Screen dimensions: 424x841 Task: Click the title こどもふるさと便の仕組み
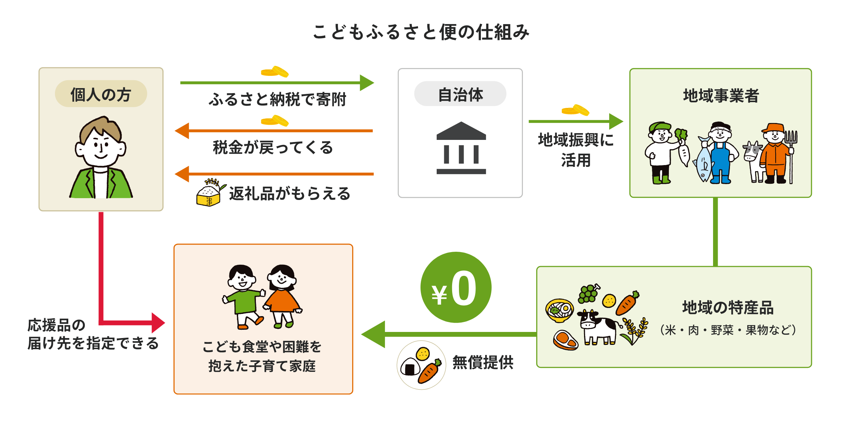pyautogui.click(x=421, y=32)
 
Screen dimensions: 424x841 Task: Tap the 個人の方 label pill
pyautogui.click(x=101, y=94)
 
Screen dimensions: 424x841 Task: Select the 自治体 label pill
pyautogui.click(x=460, y=94)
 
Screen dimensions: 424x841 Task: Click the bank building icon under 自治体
pyautogui.click(x=461, y=148)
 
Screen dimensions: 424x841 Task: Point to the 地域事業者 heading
pyautogui.click(x=721, y=96)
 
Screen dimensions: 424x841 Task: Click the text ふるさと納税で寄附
pyautogui.click(x=277, y=99)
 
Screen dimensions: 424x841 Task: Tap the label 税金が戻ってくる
pyautogui.click(x=273, y=147)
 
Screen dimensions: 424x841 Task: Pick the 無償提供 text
pyautogui.click(x=483, y=362)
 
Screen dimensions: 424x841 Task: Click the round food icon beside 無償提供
pyautogui.click(x=421, y=365)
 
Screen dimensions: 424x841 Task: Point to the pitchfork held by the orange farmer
pyautogui.click(x=791, y=155)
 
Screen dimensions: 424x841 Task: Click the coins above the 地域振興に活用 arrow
pyautogui.click(x=575, y=110)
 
